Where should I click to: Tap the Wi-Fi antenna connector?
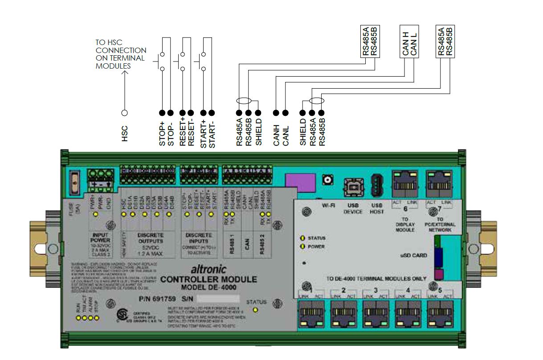328,180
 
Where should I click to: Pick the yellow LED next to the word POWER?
303,246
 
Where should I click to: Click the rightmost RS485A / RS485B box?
445,42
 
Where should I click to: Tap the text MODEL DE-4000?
208,287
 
